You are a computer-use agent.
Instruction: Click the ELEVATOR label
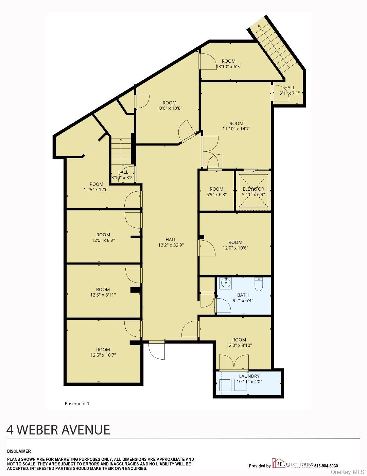[x=253, y=189]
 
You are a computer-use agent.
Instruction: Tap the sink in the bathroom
[x=225, y=283]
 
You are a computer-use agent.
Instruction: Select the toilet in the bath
[x=259, y=284]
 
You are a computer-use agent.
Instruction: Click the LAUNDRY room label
[x=249, y=376]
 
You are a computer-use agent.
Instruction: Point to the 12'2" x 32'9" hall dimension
[x=171, y=245]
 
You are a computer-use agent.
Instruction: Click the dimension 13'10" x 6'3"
[x=229, y=67]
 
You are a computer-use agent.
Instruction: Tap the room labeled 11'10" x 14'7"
[x=236, y=126]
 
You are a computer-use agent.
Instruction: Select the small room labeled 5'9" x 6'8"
[x=216, y=192]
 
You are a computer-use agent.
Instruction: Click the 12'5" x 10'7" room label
[x=103, y=352]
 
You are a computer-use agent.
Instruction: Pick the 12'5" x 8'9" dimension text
[x=103, y=240]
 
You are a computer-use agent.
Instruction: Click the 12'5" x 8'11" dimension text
[x=103, y=295]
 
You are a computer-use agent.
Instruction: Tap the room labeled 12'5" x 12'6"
[x=97, y=187]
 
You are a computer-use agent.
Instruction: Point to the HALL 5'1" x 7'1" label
[x=290, y=90]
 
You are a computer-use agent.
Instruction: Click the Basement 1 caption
[x=77, y=403]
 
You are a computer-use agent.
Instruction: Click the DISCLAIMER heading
[x=19, y=451]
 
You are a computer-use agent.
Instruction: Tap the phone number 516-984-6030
[x=326, y=466]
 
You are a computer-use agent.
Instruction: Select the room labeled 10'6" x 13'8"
[x=170, y=106]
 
